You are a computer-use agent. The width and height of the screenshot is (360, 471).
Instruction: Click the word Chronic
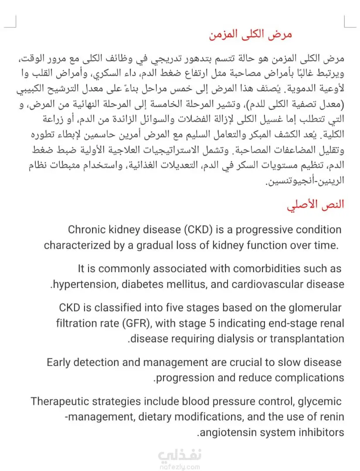point(87,230)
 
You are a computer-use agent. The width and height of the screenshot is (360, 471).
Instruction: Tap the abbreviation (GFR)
point(135,323)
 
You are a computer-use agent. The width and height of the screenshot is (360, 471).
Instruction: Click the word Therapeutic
point(61,401)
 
